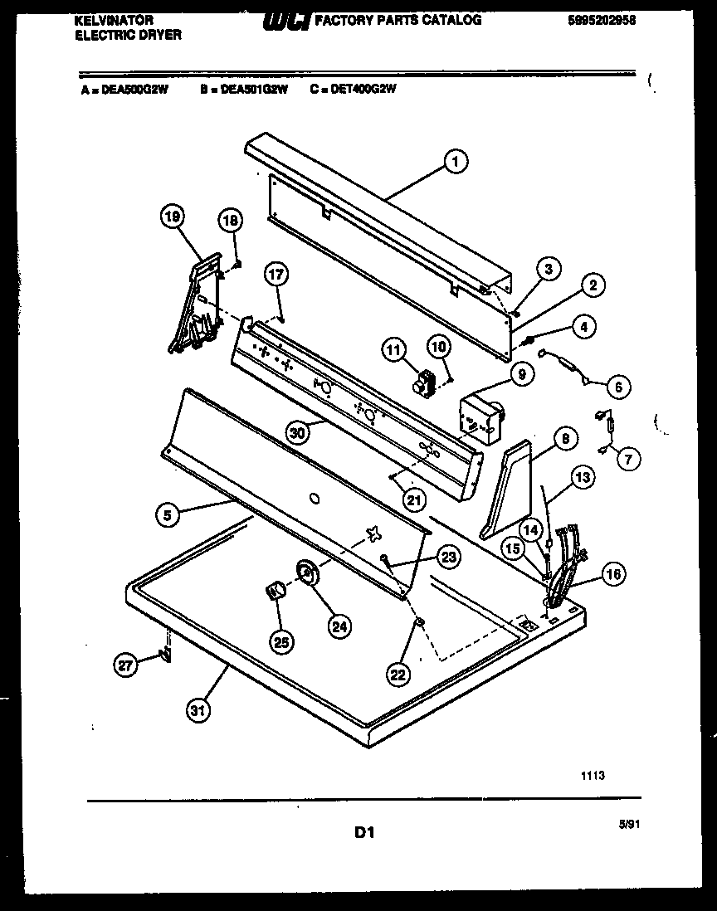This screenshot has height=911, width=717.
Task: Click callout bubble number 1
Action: tap(455, 161)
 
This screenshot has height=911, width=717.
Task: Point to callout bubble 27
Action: tap(125, 664)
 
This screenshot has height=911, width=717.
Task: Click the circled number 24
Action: tap(339, 626)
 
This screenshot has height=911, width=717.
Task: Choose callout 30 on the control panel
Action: tap(296, 431)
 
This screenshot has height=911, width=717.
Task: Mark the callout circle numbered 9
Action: tap(522, 375)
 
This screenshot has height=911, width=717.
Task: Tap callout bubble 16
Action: tap(614, 573)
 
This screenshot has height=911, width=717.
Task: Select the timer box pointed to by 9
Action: tap(479, 416)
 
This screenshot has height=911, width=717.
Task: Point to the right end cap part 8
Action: tap(508, 488)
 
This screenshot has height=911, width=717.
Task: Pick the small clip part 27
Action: tap(166, 655)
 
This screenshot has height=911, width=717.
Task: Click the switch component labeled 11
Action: tap(425, 383)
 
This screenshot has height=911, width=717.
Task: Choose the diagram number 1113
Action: tap(592, 776)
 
